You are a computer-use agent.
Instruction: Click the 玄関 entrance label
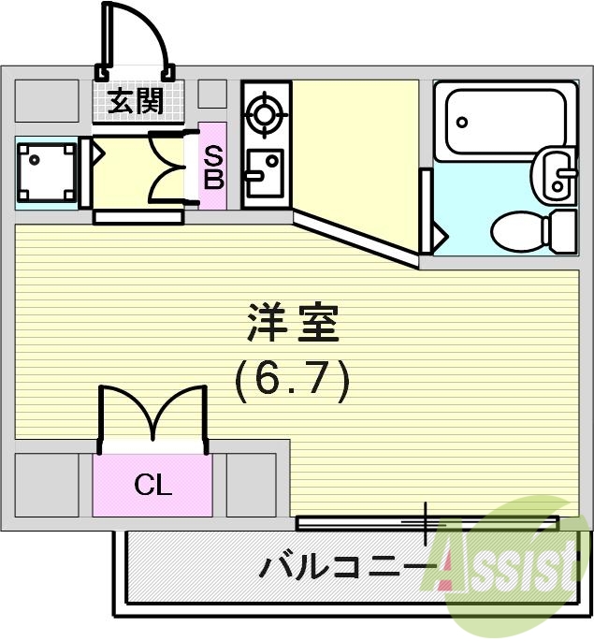(137, 101)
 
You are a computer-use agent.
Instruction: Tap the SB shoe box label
(213, 166)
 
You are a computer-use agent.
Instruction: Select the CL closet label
(152, 485)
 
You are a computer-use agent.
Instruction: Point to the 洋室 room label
(292, 325)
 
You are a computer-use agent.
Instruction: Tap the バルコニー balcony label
(346, 568)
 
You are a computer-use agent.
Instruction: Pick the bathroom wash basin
(555, 174)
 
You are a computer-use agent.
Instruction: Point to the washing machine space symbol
(44, 173)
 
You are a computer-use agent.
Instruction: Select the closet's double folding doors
(152, 412)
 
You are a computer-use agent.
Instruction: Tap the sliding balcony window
(427, 521)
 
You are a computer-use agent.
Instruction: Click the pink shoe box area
(213, 167)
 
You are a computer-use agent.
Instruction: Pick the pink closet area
(152, 485)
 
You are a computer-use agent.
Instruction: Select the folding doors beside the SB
(168, 167)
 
